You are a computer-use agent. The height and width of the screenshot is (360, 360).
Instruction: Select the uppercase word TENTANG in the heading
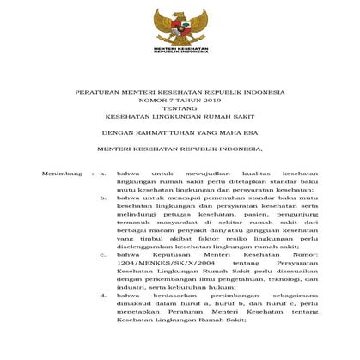click(180, 112)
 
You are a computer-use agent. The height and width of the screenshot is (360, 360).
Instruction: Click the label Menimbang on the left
click(61, 174)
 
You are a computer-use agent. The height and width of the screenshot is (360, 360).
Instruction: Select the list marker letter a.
click(103, 174)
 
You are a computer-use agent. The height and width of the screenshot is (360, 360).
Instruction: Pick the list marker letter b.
click(103, 197)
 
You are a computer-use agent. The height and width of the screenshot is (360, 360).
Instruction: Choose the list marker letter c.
click(103, 255)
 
